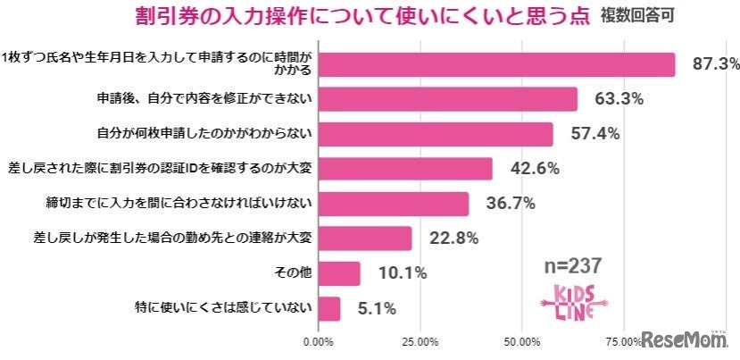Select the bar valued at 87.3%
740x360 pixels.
coord(495,64)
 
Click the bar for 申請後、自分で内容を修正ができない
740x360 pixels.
coord(447,99)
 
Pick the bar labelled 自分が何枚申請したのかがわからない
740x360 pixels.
coord(436,134)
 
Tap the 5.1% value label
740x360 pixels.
coord(377,308)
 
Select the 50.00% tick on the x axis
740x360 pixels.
coord(521,342)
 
